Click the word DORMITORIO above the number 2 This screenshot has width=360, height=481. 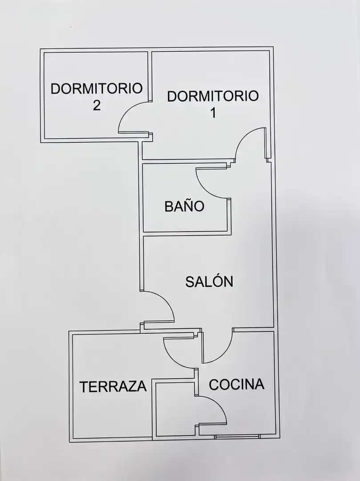point(97,89)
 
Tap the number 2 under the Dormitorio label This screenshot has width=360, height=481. point(97,106)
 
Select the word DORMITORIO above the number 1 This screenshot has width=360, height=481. point(213,96)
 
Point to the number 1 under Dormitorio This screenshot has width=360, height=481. point(213,113)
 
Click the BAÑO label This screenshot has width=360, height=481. point(184,206)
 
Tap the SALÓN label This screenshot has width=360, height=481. point(209,281)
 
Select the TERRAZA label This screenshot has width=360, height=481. point(113,387)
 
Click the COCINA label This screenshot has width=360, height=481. point(237,384)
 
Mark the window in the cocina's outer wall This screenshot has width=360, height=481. point(236,436)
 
